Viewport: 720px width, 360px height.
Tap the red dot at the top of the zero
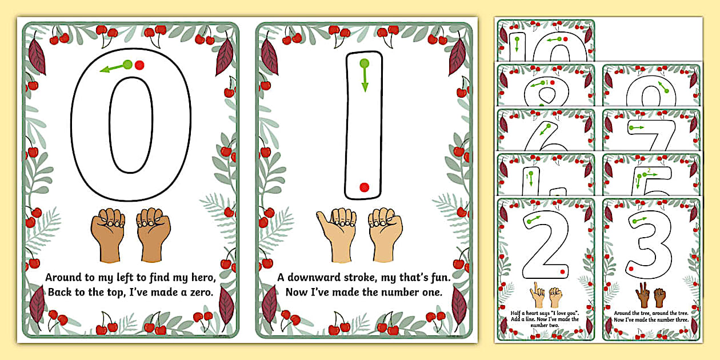coord(140,65)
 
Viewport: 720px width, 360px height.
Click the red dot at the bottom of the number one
coord(363,187)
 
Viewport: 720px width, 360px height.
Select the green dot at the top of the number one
coord(363,63)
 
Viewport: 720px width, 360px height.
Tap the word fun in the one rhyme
coord(440,278)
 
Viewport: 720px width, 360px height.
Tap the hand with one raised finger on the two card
coord(537,296)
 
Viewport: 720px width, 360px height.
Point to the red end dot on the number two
coord(563,271)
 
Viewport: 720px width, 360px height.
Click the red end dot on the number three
coord(631,267)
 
